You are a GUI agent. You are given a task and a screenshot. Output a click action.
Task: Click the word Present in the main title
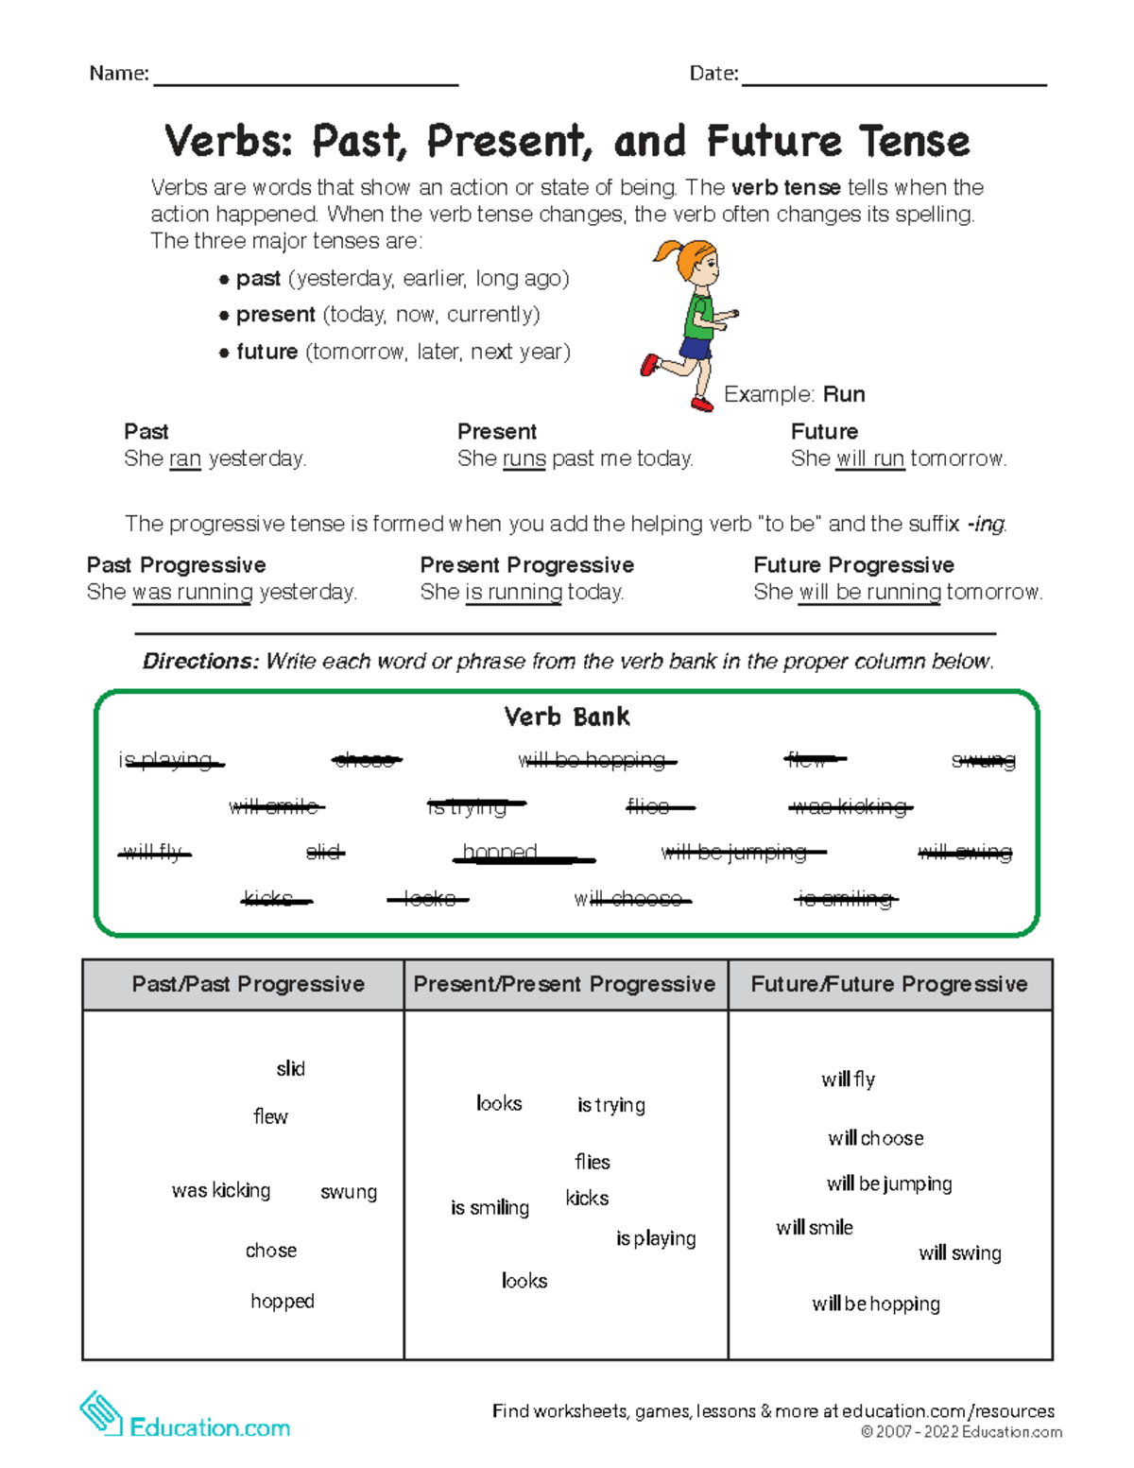[x=509, y=142]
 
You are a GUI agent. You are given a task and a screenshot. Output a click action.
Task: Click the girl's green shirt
[x=699, y=318]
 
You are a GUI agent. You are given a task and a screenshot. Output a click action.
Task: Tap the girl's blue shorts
[x=695, y=350]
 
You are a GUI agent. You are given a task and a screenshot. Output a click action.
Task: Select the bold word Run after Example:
[x=844, y=394]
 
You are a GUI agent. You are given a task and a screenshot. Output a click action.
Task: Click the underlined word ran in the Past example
[x=185, y=458]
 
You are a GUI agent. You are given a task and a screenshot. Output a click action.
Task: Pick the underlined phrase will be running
[x=869, y=592]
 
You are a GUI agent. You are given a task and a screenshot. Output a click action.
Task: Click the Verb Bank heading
[x=567, y=717]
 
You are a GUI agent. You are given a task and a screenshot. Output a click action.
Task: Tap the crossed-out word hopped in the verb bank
[x=501, y=852]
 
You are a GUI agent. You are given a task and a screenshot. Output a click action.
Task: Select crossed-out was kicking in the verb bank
[x=850, y=806]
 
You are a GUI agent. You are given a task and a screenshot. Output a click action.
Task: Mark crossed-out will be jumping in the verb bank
[x=734, y=852]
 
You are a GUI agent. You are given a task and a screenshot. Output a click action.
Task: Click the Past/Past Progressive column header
[x=248, y=984]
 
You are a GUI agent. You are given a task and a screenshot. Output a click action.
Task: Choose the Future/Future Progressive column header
[x=888, y=984]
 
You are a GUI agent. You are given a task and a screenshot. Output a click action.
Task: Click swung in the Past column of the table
[x=349, y=1192]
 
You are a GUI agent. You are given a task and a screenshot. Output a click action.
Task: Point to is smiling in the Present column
[x=490, y=1207]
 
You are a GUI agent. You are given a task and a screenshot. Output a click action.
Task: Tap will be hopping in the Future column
[x=876, y=1304]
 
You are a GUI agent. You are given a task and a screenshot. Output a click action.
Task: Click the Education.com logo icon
[x=101, y=1414]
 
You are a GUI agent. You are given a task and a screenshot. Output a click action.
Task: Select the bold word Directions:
[x=200, y=661]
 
